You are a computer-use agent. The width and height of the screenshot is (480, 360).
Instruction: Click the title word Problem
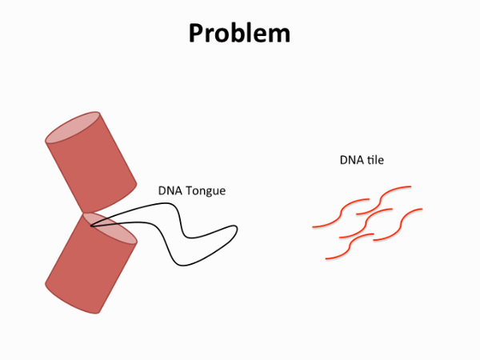click(239, 33)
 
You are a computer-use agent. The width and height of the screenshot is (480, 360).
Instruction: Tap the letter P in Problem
click(196, 33)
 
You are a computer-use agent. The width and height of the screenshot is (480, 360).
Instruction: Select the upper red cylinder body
click(91, 162)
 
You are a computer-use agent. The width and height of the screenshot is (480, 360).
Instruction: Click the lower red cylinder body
click(91, 263)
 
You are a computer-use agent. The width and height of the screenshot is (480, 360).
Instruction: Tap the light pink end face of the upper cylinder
click(73, 127)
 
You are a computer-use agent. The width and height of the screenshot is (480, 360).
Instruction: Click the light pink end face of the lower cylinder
click(110, 228)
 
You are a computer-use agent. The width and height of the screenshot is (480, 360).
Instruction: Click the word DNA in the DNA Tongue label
click(170, 190)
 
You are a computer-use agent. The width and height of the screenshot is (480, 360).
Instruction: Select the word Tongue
click(206, 191)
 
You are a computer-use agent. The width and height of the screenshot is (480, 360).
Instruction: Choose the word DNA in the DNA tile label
click(351, 160)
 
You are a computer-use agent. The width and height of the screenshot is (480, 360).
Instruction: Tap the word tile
click(375, 159)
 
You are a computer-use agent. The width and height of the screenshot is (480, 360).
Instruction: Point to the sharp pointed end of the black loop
click(90, 226)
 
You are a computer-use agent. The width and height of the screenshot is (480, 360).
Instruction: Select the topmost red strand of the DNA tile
click(383, 200)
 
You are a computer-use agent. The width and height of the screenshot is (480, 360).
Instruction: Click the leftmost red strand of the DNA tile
click(341, 213)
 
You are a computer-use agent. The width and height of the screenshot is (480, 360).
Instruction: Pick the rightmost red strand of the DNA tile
click(398, 224)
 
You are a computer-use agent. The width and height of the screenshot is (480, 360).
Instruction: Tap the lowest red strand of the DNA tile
click(350, 246)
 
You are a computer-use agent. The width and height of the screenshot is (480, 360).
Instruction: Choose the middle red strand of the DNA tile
click(366, 223)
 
